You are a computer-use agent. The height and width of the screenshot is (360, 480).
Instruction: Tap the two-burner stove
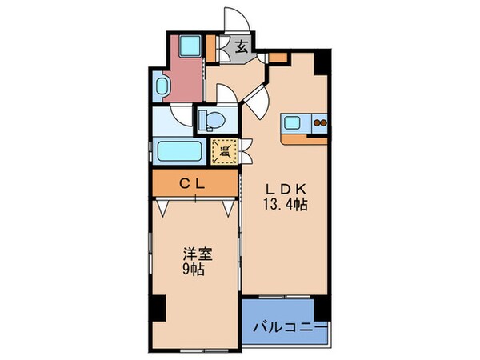pyautogui.click(x=319, y=123)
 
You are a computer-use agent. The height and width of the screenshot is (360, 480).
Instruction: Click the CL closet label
pyautogui.click(x=195, y=183)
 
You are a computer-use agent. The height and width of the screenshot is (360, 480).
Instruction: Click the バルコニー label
pyautogui.click(x=290, y=327)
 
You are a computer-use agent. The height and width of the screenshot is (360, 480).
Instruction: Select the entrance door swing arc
pyautogui.click(x=234, y=20)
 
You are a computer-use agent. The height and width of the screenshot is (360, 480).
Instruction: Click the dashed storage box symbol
pyautogui.click(x=225, y=149)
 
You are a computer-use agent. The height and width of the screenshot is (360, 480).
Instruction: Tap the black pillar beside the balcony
pyautogui.click(x=321, y=307)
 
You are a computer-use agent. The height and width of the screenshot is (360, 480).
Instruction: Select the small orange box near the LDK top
pyautogui.click(x=277, y=58)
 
